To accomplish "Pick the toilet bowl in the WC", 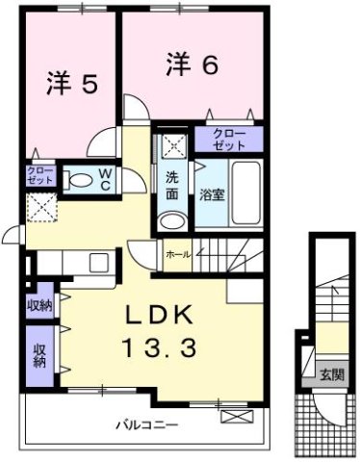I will [82, 179].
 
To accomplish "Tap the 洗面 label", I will [172, 186].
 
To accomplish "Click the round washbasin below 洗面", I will [171, 220].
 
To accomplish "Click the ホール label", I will [177, 255].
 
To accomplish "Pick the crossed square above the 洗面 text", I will [172, 144].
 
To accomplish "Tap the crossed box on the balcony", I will [235, 417].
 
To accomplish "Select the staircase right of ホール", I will [228, 255].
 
